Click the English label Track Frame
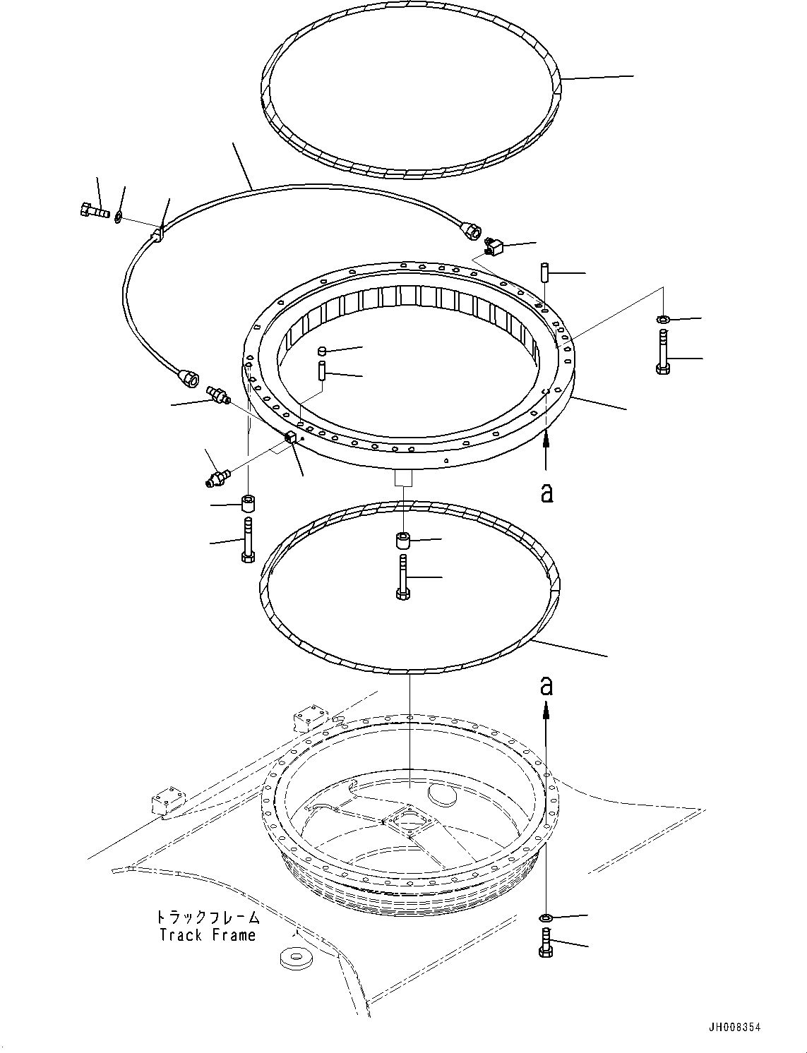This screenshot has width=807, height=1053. tap(207, 935)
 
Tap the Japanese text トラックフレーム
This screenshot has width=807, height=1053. tap(207, 917)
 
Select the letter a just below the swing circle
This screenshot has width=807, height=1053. tap(546, 492)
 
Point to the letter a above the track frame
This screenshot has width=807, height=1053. tap(546, 685)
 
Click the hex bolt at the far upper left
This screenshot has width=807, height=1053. tap(91, 210)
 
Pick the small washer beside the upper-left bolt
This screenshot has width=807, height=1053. tap(118, 215)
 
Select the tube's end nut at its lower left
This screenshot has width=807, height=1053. tap(191, 378)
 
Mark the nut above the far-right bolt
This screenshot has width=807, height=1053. tap(662, 320)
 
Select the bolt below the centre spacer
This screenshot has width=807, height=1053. tap(402, 577)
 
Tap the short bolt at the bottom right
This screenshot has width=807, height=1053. tap(545, 943)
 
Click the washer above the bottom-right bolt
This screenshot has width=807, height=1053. tap(546, 917)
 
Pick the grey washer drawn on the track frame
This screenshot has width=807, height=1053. tap(290, 958)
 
